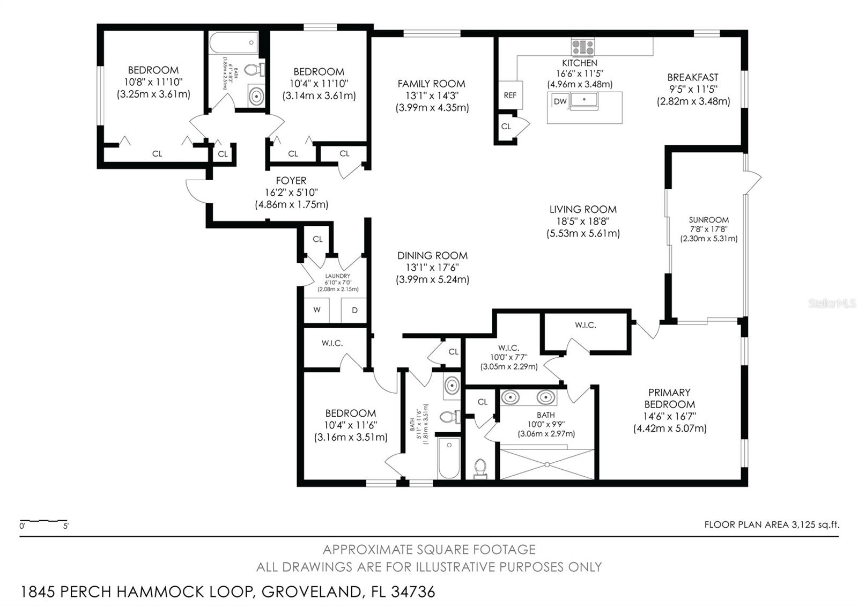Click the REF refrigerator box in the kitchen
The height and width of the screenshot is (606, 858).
tap(511, 95)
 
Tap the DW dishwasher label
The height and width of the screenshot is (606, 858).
tap(560, 101)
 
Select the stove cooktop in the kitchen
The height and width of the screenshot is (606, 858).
tap(583, 47)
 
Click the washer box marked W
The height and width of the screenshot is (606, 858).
tap(316, 310)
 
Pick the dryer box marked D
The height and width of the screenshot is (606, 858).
tap(354, 310)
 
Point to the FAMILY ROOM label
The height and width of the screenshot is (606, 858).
tap(431, 84)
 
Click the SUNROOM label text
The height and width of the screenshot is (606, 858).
tap(708, 220)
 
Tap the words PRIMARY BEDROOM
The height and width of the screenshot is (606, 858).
tap(670, 398)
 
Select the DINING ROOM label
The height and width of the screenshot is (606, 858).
tap(432, 255)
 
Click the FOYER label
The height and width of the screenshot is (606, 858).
tap(291, 180)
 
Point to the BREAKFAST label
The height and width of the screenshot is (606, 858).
tap(693, 77)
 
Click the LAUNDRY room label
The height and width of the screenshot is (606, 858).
tap(337, 276)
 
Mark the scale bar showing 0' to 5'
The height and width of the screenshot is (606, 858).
tap(44, 521)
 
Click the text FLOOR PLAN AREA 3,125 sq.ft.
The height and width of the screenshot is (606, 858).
tap(772, 524)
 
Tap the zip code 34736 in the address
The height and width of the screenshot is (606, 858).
tap(413, 592)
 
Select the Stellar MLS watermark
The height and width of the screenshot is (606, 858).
tap(832, 304)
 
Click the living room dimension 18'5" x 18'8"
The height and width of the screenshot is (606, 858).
tap(583, 221)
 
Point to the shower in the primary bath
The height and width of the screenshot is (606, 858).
tap(547, 464)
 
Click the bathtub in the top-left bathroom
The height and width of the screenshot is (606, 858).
tap(234, 42)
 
